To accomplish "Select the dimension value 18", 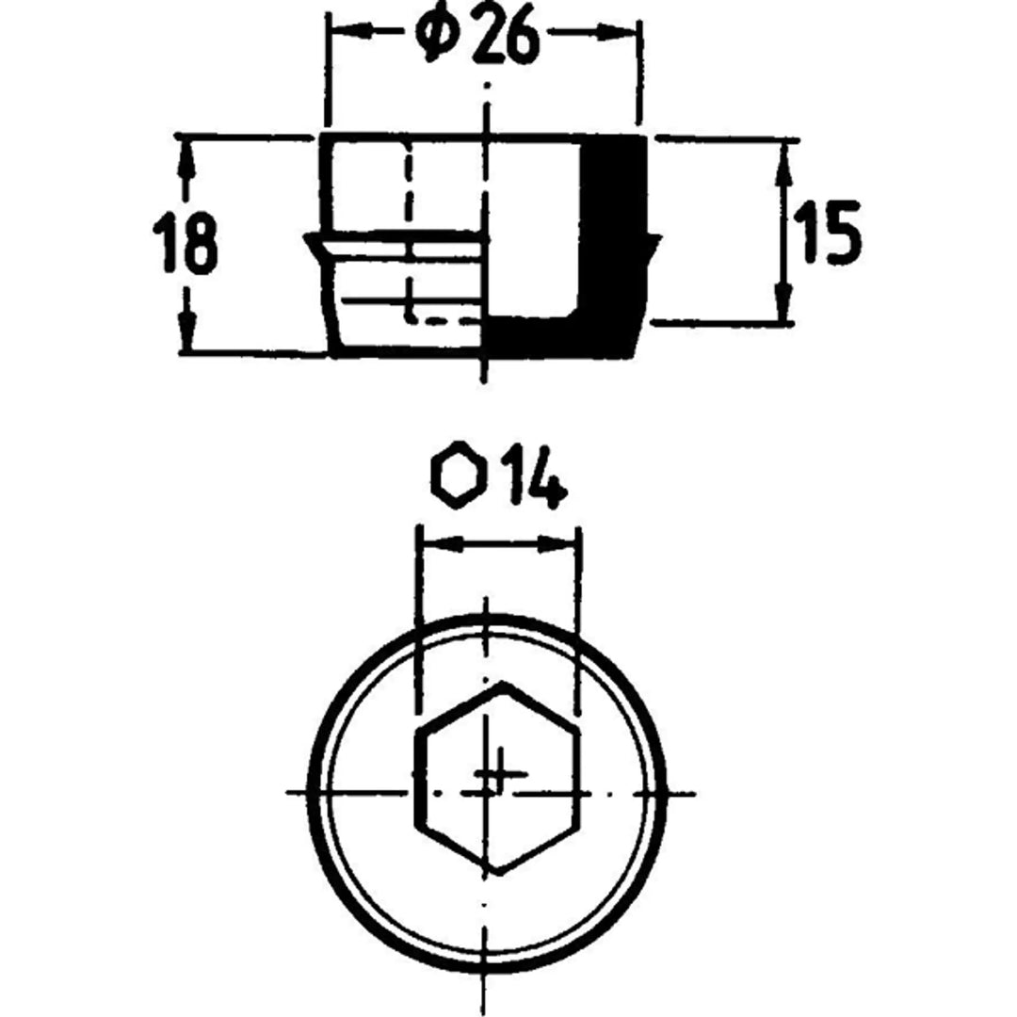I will point(186,244).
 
